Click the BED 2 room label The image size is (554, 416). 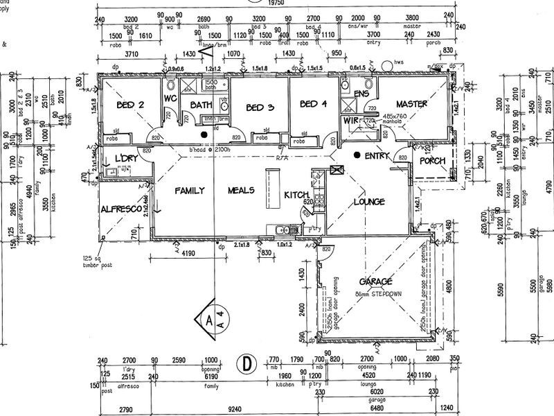tap(130, 105)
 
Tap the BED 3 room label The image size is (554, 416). tap(260, 107)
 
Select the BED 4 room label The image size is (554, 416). tap(313, 105)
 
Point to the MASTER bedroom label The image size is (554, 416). tap(411, 105)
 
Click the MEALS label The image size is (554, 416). tap(242, 191)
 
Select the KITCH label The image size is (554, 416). tap(295, 196)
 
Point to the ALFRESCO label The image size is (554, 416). tap(121, 209)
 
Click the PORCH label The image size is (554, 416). tap(432, 161)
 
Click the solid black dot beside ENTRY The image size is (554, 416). tap(357, 155)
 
